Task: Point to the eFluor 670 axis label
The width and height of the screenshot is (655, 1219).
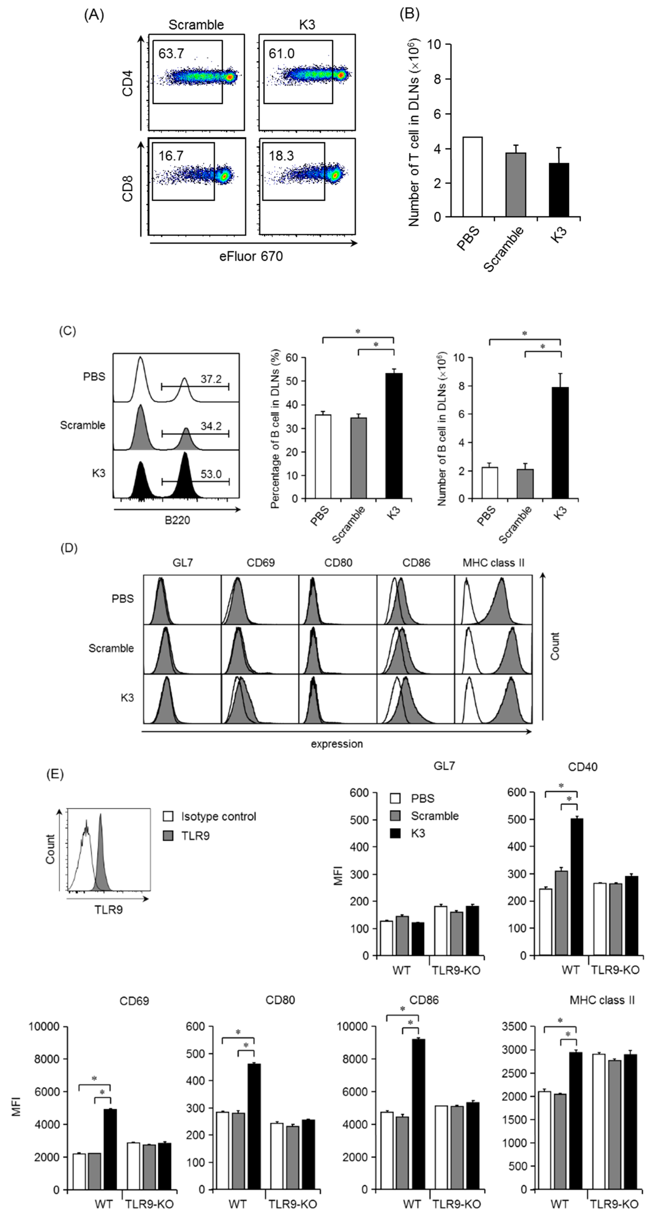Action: (251, 256)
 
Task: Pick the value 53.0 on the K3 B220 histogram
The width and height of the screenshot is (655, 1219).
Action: (211, 474)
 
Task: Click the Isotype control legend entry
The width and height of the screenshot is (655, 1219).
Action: (218, 816)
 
